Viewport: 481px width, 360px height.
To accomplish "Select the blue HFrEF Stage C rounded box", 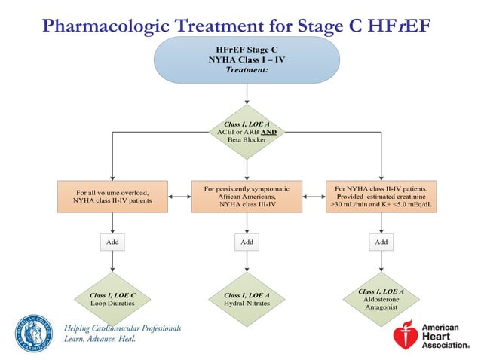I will pyautogui.click(x=247, y=59).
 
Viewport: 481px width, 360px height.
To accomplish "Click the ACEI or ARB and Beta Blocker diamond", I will pyautogui.click(x=247, y=131).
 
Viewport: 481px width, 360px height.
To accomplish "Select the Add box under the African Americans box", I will pyautogui.click(x=247, y=243).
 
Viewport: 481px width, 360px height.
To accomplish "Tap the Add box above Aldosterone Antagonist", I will pyautogui.click(x=381, y=243).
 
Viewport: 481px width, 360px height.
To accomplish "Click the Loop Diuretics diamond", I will pyautogui.click(x=112, y=299).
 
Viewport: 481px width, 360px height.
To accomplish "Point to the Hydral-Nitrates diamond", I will pyautogui.click(x=247, y=299).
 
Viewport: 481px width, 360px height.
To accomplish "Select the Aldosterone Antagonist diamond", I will pyautogui.click(x=381, y=299).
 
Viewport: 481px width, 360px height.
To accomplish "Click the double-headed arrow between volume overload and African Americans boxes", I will pyautogui.click(x=179, y=197).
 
